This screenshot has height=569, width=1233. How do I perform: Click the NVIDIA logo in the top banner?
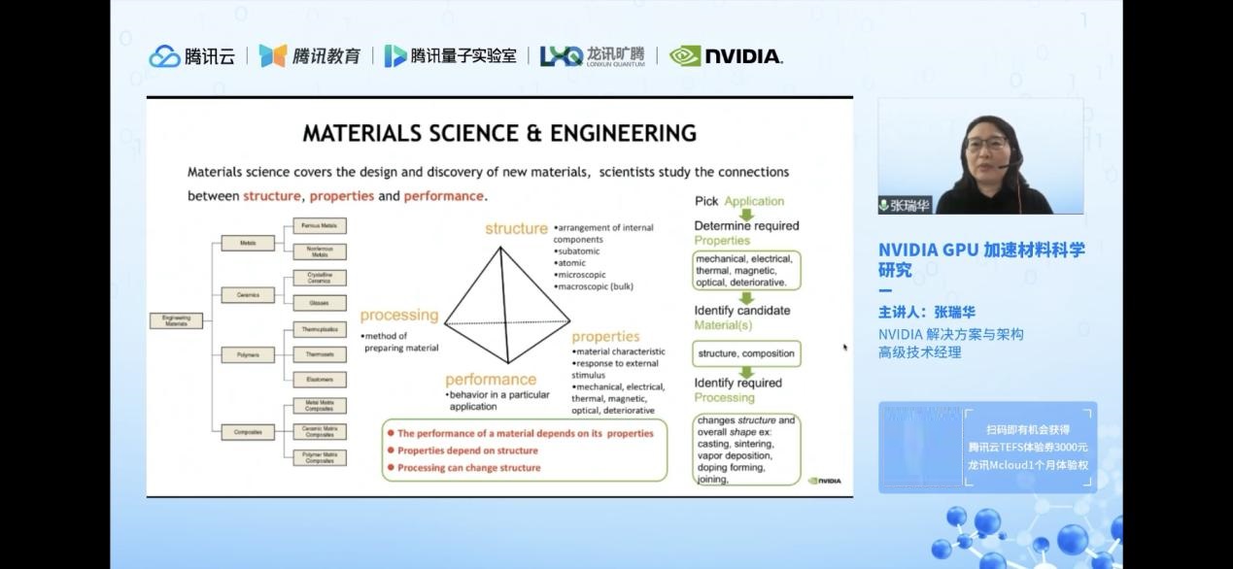point(726,56)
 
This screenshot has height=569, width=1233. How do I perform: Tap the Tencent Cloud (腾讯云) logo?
point(192,56)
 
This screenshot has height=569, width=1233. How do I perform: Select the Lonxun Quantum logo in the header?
point(592,56)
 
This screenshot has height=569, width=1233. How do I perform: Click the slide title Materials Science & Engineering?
point(499,133)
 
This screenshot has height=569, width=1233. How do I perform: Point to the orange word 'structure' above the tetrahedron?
point(516,228)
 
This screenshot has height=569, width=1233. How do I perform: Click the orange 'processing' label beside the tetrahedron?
point(398,315)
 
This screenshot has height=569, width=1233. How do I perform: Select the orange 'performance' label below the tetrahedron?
point(491,380)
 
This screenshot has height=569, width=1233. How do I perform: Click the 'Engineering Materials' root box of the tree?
point(176,321)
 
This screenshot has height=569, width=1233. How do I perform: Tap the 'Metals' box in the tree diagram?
point(248,243)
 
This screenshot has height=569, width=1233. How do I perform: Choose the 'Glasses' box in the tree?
point(320,303)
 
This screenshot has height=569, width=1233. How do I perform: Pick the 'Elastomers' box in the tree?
point(320,380)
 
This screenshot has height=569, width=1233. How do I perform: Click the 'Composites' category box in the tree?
point(248,431)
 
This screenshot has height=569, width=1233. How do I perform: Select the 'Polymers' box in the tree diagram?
point(248,355)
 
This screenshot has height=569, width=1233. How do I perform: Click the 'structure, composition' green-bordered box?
point(746,353)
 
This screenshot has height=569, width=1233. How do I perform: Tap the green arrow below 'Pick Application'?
point(746,214)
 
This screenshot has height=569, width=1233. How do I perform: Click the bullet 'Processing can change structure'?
point(468,467)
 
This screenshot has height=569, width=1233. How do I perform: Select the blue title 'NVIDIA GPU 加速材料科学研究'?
point(981,259)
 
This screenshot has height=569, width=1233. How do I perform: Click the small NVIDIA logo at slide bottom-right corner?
point(825,480)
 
